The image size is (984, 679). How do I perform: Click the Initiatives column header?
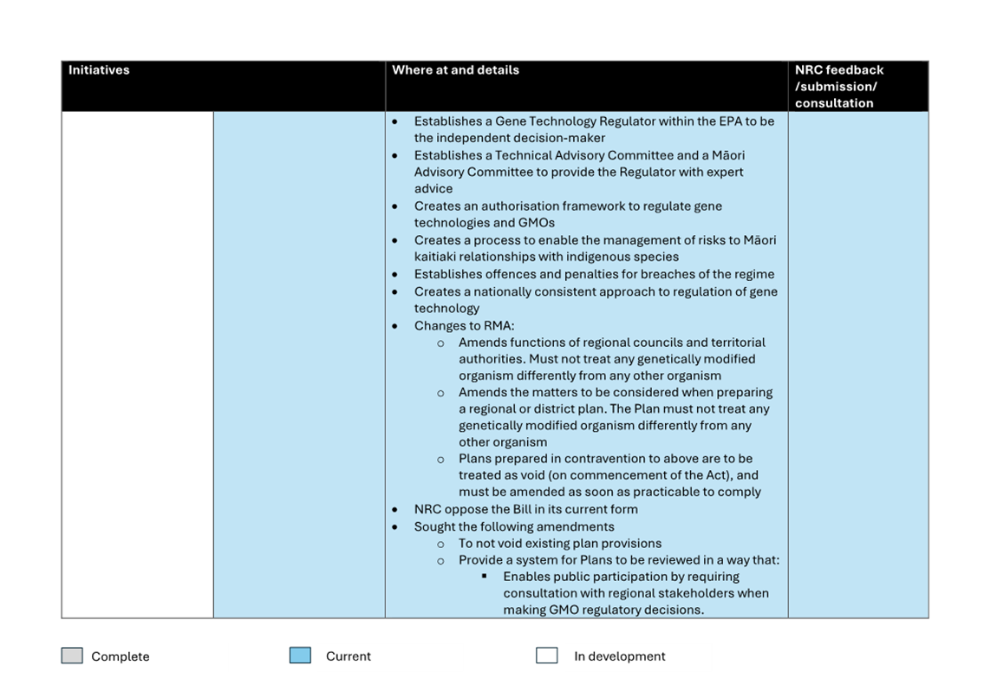click(99, 70)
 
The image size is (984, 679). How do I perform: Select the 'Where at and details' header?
click(455, 70)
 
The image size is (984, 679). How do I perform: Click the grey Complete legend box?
click(72, 656)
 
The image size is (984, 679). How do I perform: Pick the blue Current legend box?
click(300, 656)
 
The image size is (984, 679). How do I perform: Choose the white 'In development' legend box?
click(546, 656)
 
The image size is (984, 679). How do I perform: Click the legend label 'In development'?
click(619, 656)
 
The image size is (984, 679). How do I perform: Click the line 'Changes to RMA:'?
click(464, 326)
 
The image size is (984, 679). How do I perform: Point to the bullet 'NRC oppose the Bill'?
click(525, 509)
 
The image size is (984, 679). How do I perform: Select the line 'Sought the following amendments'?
click(514, 526)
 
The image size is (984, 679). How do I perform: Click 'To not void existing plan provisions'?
click(560, 543)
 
